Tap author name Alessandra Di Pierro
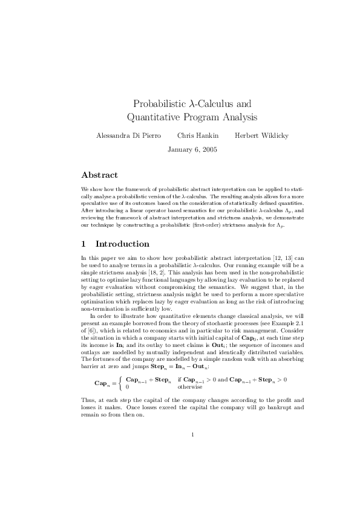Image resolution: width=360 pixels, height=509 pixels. [128, 135]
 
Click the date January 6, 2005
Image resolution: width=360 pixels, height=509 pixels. [192, 148]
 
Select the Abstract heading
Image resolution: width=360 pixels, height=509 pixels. [99, 175]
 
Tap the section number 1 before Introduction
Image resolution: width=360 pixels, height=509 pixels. [84, 244]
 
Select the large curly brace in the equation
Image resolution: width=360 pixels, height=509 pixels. [121, 383]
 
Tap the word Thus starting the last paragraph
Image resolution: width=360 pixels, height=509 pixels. [88, 400]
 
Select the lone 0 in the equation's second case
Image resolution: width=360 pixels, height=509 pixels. [126, 386]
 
